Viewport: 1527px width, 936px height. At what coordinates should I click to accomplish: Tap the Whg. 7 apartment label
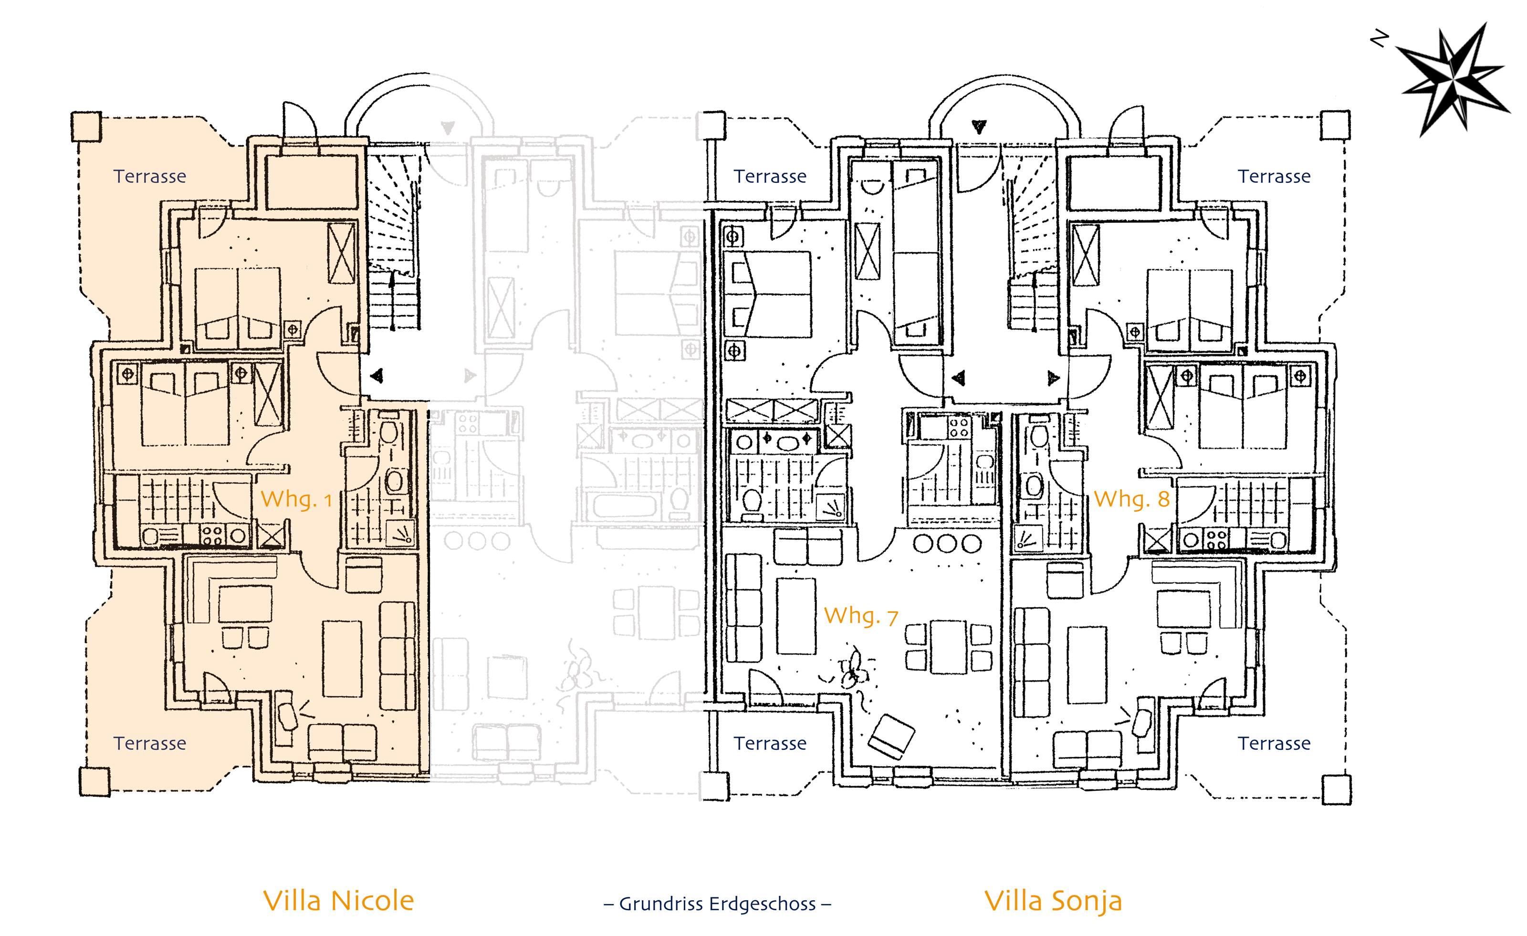click(x=861, y=616)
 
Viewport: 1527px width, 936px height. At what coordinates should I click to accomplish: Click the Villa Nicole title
click(x=338, y=901)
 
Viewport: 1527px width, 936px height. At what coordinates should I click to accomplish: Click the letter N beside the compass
click(x=1379, y=39)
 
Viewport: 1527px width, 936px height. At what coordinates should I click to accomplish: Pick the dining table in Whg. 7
click(x=948, y=647)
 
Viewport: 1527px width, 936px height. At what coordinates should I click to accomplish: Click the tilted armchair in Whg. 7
click(x=891, y=736)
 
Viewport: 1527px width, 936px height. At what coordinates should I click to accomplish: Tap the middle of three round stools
click(x=947, y=544)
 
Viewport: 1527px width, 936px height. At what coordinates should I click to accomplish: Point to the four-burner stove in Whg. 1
click(x=212, y=535)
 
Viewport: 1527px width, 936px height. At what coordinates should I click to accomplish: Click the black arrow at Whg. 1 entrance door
click(x=377, y=375)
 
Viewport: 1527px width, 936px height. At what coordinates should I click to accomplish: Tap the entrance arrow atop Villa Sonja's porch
click(x=979, y=127)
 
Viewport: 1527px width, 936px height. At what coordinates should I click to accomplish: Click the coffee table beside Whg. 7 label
click(x=796, y=616)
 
